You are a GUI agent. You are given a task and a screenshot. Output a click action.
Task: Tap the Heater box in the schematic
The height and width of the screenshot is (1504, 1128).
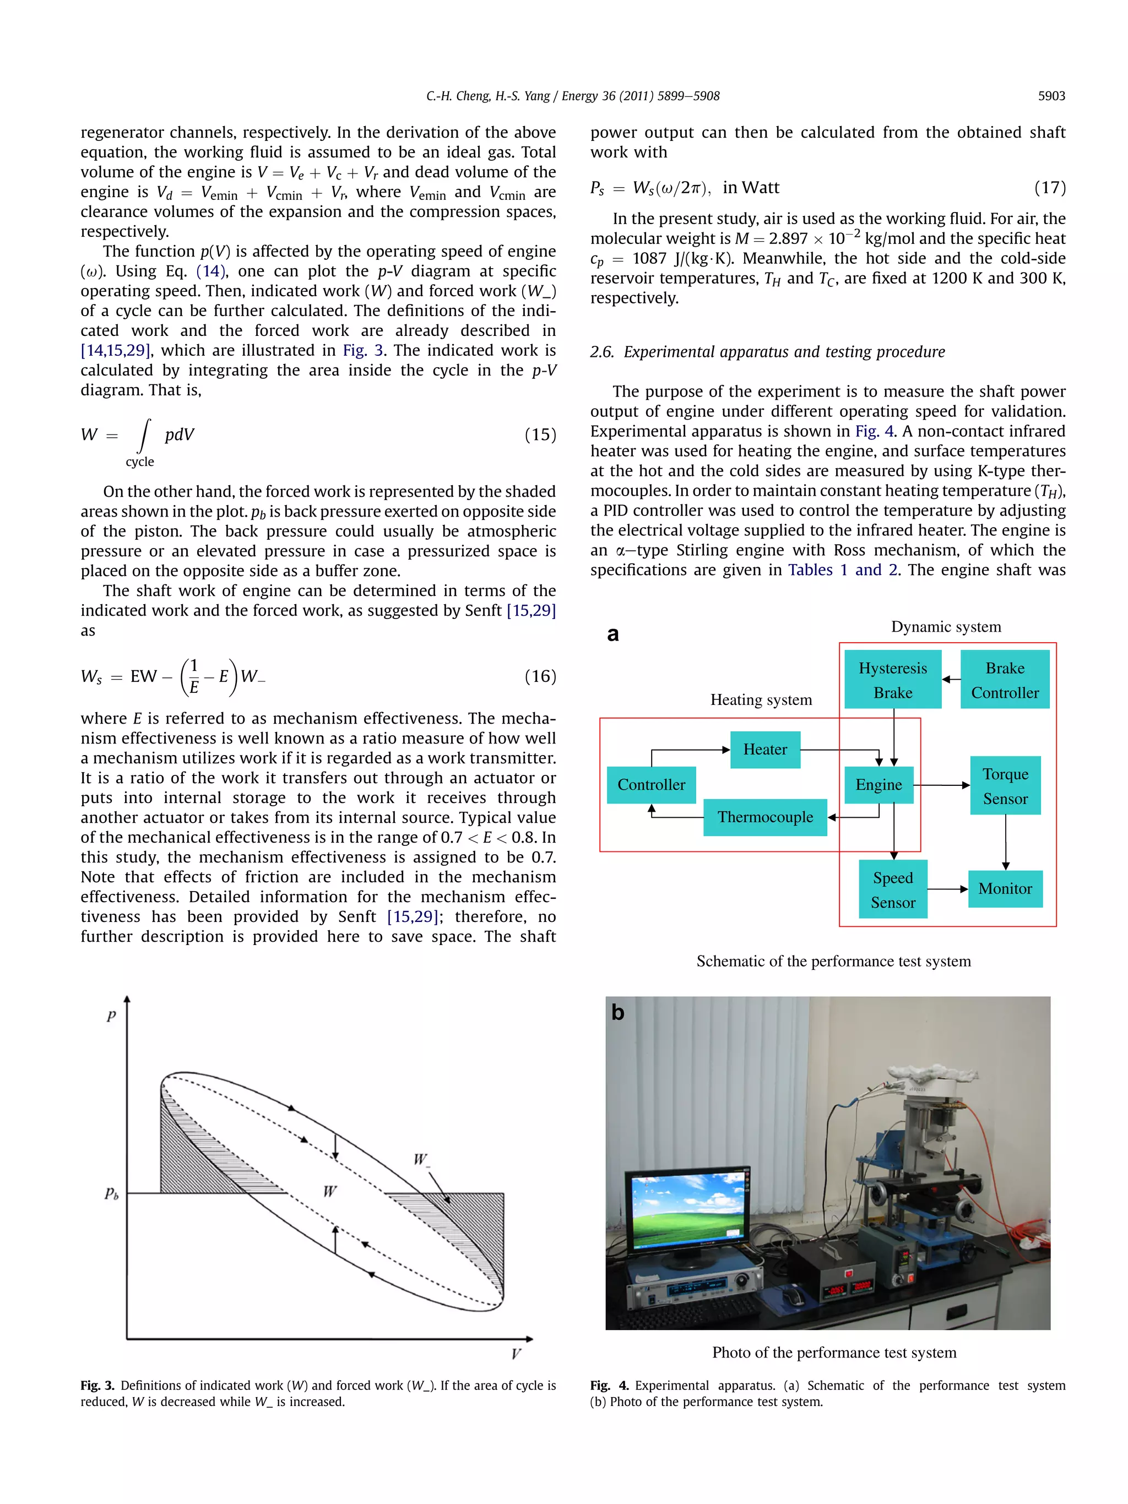pyautogui.click(x=764, y=750)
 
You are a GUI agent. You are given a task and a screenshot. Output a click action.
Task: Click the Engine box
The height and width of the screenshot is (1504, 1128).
pyautogui.click(x=878, y=785)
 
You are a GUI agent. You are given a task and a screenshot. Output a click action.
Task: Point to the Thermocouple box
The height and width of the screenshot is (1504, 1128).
pyautogui.click(x=765, y=817)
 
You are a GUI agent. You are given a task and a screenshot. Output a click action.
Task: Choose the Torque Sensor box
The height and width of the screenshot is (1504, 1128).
pyautogui.click(x=1005, y=785)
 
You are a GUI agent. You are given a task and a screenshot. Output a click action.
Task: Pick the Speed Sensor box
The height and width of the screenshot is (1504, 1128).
pyautogui.click(x=893, y=889)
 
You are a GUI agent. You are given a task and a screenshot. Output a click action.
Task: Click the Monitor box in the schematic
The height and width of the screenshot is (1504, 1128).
pyautogui.click(x=1005, y=889)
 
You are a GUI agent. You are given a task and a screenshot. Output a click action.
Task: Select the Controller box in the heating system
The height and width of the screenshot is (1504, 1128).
pyautogui.click(x=650, y=785)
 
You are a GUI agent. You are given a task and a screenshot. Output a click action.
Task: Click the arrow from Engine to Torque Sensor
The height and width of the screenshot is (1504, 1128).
pyautogui.click(x=941, y=785)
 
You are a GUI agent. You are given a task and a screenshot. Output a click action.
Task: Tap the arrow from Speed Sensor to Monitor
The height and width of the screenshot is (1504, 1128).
pyautogui.click(x=947, y=889)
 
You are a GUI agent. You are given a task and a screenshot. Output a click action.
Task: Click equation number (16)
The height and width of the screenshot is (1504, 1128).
pyautogui.click(x=540, y=676)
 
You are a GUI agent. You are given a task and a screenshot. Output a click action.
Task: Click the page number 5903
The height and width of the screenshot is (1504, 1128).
pyautogui.click(x=1051, y=96)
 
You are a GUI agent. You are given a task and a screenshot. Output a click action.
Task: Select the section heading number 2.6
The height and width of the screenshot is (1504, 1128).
pyautogui.click(x=602, y=351)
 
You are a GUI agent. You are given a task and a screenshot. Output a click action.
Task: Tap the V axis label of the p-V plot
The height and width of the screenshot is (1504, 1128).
pyautogui.click(x=516, y=1354)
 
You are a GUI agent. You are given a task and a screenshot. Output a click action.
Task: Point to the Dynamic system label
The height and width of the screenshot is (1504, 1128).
pyautogui.click(x=946, y=627)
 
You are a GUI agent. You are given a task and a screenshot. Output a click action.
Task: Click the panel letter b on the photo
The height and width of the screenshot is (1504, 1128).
pyautogui.click(x=617, y=1012)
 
